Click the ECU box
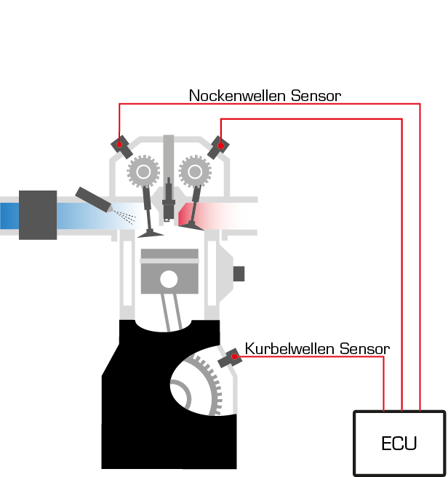pos(399,443)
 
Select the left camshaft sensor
pos(121,146)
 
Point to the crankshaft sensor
pos(231,357)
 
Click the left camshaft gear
pos(144,172)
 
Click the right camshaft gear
pos(194,172)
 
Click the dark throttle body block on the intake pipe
pos(38,215)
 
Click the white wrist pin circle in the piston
pos(169,278)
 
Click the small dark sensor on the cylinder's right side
pos(238,274)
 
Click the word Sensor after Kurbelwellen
pos(364,349)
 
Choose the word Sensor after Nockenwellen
pos(316,95)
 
